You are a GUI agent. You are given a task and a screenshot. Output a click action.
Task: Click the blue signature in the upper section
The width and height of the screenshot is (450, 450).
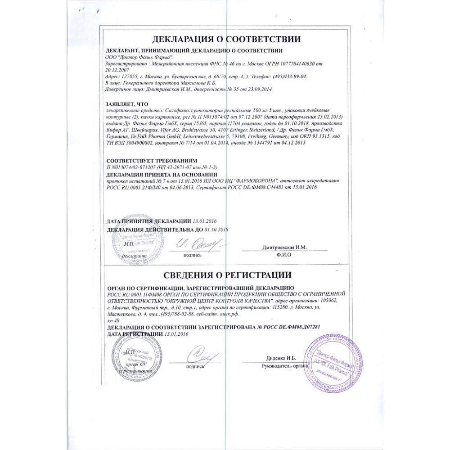[x=194, y=245]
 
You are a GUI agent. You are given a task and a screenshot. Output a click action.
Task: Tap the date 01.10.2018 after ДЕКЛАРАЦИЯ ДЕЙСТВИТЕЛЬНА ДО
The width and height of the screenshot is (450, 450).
[x=214, y=229]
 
